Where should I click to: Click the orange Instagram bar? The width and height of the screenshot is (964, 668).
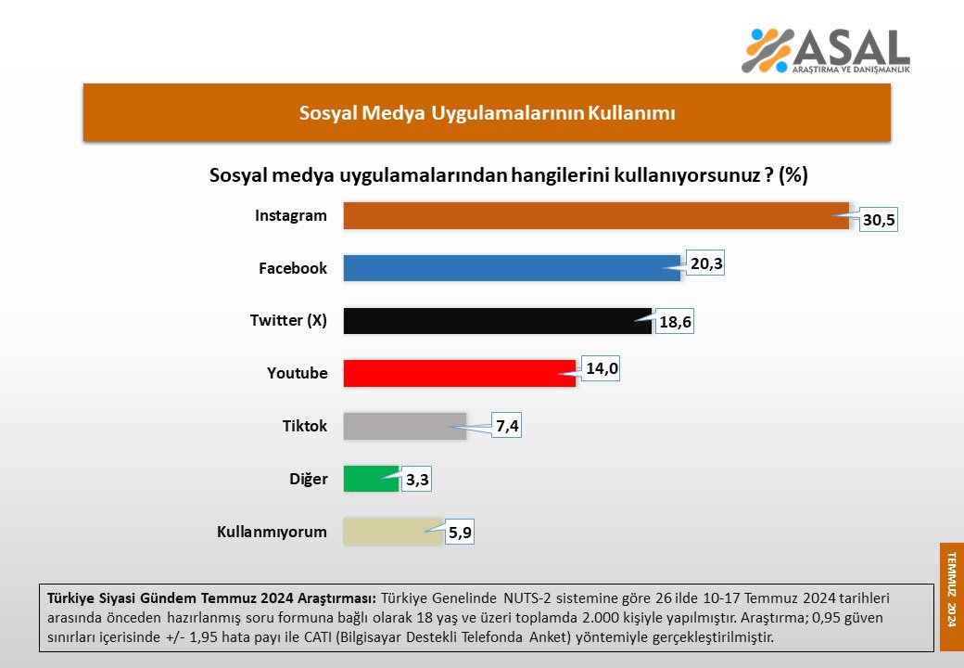tap(596, 216)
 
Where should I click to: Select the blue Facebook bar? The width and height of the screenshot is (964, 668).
tap(512, 268)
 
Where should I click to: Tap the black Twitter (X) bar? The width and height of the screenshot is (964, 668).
tap(498, 321)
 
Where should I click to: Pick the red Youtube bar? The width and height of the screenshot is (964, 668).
tap(460, 373)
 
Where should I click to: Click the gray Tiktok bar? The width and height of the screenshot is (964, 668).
tap(404, 426)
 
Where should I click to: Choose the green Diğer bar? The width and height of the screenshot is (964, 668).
tap(371, 479)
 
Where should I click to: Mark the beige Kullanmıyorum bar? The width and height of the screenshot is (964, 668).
tap(393, 532)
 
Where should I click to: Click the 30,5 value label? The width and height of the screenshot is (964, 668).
tap(878, 221)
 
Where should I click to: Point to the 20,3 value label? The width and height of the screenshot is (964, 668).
tap(706, 263)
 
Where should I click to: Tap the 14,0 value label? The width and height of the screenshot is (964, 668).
tap(602, 368)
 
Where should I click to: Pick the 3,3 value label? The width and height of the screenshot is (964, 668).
tap(418, 480)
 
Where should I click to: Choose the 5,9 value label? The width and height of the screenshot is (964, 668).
tap(460, 533)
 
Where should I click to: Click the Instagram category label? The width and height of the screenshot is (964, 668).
tap(291, 216)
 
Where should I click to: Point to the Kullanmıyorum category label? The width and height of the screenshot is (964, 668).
tap(272, 532)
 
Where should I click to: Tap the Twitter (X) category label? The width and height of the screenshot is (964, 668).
tap(288, 321)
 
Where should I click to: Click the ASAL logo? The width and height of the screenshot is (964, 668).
tap(826, 50)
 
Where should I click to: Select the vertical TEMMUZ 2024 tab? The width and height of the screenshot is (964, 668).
tap(951, 584)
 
